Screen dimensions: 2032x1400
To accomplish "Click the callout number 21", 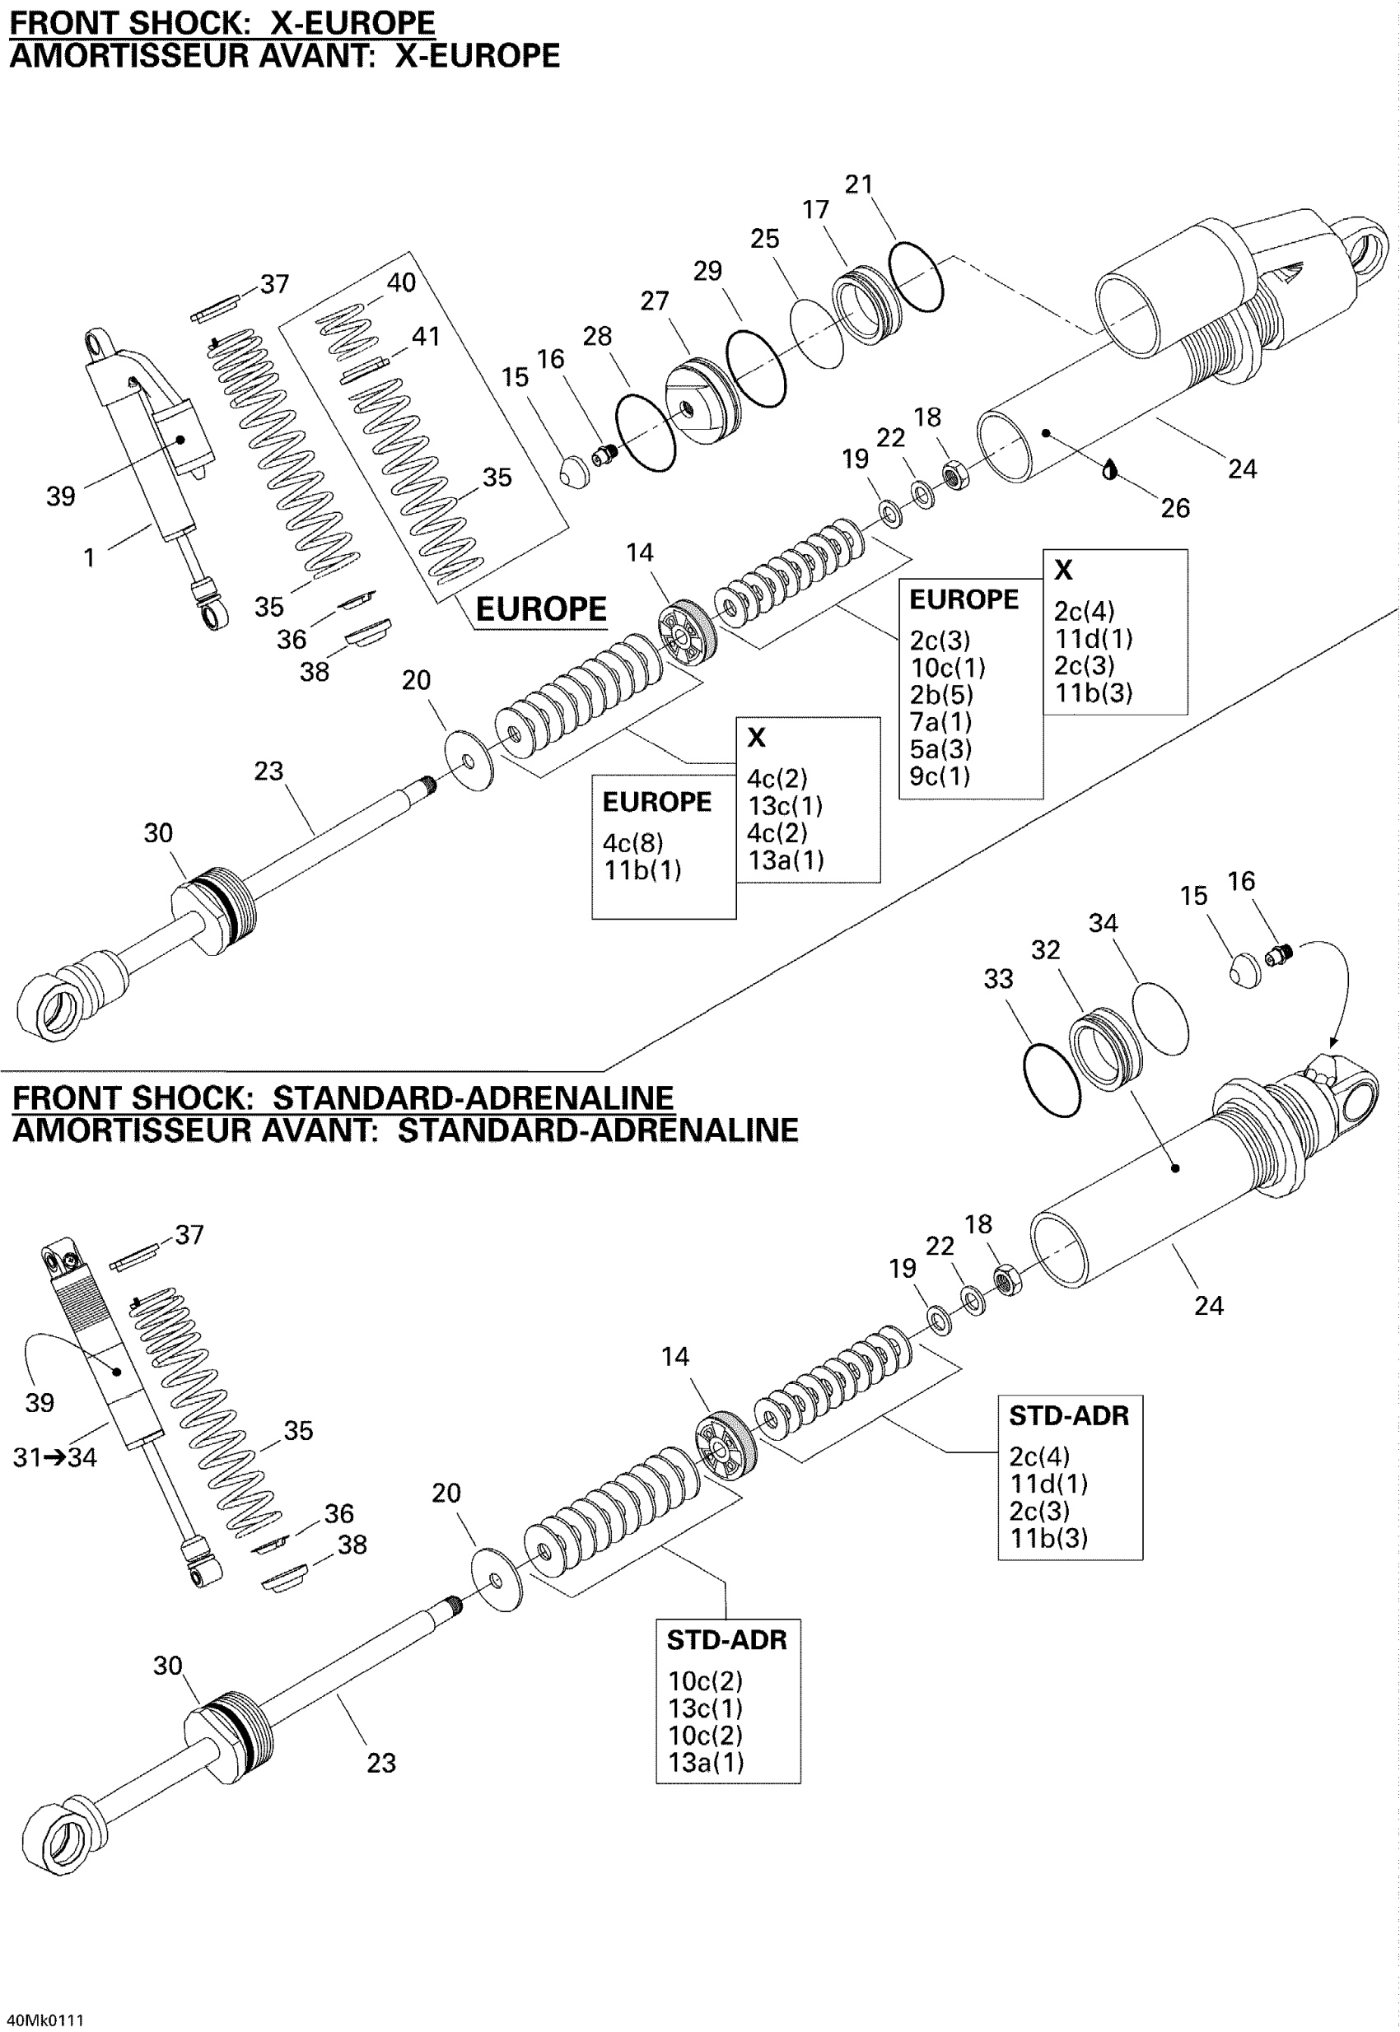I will (x=859, y=184).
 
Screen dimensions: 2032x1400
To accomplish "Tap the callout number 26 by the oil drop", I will (x=1174, y=508).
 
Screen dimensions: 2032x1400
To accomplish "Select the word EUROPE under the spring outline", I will (x=540, y=608).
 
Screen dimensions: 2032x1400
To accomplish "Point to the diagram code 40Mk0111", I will (x=44, y=2020).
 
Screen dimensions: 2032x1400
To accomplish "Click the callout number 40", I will (x=401, y=282).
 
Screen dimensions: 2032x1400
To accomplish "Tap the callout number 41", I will (x=426, y=336).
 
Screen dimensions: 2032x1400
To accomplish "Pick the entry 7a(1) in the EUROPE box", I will (x=940, y=721).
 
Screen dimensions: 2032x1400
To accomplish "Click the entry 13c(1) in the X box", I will (x=785, y=805).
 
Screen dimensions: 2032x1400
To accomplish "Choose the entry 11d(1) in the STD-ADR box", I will (x=1049, y=1483).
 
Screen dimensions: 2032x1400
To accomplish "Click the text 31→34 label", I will (x=54, y=1456).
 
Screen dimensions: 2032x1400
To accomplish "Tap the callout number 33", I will (x=998, y=978).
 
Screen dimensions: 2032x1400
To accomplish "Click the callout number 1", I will (x=89, y=557).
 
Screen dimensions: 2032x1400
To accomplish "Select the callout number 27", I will (x=655, y=300).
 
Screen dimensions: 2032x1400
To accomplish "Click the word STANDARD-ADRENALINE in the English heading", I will (x=473, y=1098).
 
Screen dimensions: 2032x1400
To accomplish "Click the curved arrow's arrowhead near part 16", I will (x=1333, y=1044).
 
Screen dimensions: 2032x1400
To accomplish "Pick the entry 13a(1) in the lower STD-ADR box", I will (x=706, y=1762).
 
